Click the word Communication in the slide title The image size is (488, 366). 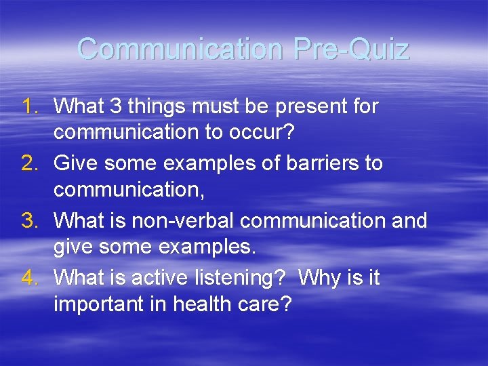178,49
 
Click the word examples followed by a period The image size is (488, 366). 207,247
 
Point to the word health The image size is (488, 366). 202,304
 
